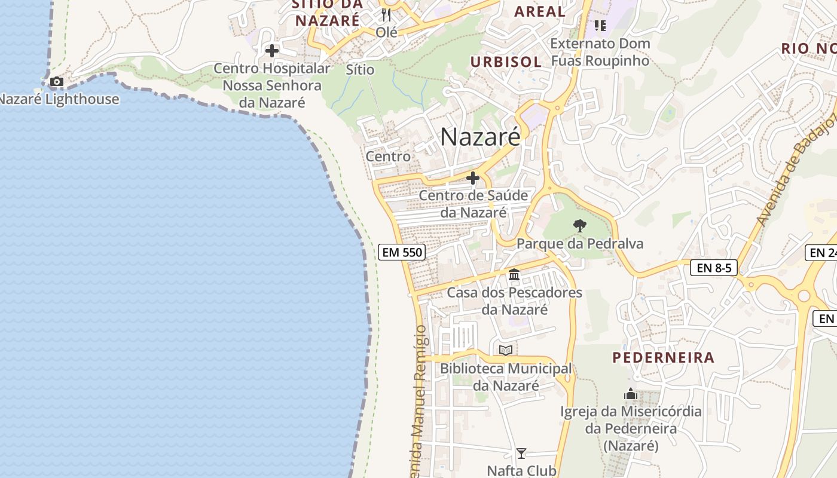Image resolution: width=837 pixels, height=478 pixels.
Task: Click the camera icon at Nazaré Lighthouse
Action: pos(57,81)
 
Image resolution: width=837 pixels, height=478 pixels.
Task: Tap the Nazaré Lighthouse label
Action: pos(59,99)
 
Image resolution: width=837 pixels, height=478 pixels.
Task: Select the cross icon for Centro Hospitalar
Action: pos(272,51)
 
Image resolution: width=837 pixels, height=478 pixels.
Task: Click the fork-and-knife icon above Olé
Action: pos(386,14)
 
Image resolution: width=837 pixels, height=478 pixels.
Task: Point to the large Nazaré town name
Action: pos(480,137)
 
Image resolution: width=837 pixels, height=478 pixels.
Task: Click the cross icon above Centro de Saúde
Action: pos(473,178)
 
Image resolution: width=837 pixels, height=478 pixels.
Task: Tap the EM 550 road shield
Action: pos(402,252)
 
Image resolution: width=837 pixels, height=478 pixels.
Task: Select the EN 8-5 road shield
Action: pos(714,268)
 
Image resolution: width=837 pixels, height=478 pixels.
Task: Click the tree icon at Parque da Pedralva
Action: pos(579,226)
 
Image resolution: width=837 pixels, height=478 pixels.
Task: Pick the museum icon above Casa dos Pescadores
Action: pos(514,275)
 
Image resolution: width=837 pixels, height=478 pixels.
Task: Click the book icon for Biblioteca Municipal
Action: pos(506,351)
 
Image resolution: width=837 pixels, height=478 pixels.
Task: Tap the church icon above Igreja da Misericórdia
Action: pos(630,394)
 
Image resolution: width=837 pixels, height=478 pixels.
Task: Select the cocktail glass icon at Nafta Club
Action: pos(521,454)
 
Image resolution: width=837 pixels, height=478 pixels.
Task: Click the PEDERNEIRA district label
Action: pos(664,358)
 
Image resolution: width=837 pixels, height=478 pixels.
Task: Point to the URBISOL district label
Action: pos(506,62)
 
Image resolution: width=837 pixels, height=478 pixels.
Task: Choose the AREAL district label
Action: pos(540,11)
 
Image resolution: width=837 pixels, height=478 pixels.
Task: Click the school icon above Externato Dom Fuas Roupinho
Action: pos(600,26)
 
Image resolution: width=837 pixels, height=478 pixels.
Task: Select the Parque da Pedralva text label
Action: pos(580,244)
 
